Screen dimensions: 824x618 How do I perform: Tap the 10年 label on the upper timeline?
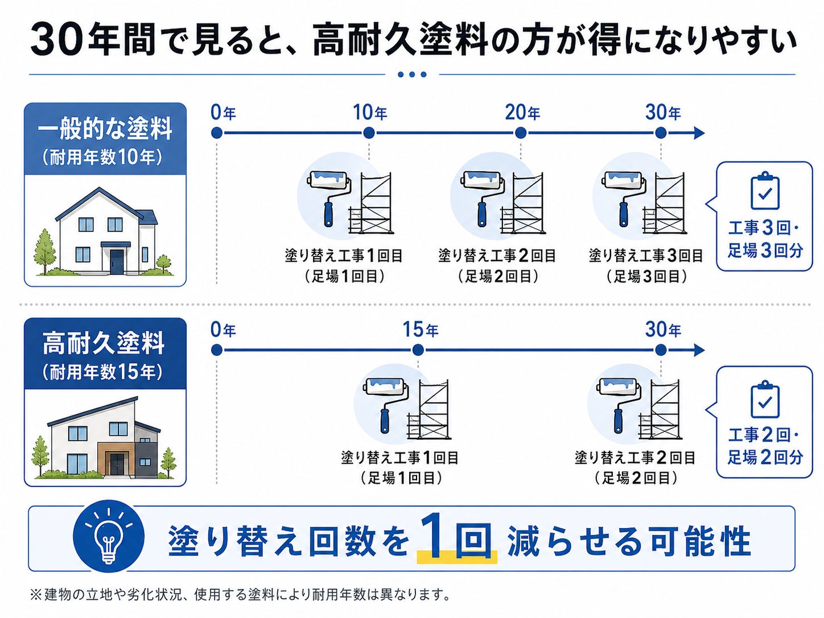[369, 113]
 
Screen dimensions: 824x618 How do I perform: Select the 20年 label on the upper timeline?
[522, 113]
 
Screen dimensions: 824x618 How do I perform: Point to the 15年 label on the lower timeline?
[420, 329]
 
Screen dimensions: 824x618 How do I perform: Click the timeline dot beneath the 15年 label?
[418, 350]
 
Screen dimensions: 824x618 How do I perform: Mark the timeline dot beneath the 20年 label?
[521, 133]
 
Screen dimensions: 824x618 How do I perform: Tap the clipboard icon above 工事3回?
[765, 191]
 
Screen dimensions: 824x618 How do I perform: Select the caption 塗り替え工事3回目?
[646, 256]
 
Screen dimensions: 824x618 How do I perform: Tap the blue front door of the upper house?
[117, 261]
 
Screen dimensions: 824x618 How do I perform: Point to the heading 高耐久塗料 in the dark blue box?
[104, 344]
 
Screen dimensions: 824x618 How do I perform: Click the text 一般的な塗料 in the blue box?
[105, 129]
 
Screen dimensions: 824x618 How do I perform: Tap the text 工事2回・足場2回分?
[765, 446]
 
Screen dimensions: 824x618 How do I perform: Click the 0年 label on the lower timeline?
[223, 329]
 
